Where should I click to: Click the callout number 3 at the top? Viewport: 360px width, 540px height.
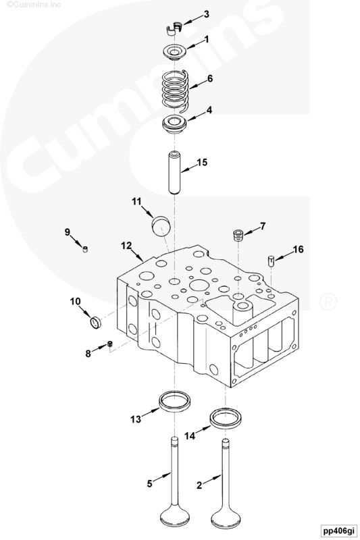[x=206, y=13]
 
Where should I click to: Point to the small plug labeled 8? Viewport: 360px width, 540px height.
[x=109, y=346]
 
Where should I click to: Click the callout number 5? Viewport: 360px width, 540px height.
[x=151, y=483]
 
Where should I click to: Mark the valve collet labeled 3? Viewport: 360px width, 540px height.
[x=175, y=27]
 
